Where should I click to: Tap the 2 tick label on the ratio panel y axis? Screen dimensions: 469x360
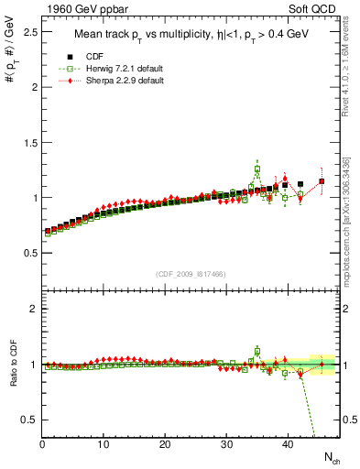click(x=32, y=309)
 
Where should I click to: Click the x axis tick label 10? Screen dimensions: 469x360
click(x=104, y=444)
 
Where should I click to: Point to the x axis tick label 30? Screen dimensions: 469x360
click(x=226, y=444)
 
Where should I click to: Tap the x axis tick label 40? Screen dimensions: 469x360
click(x=288, y=444)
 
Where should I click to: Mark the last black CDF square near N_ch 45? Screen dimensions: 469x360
click(x=322, y=181)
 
